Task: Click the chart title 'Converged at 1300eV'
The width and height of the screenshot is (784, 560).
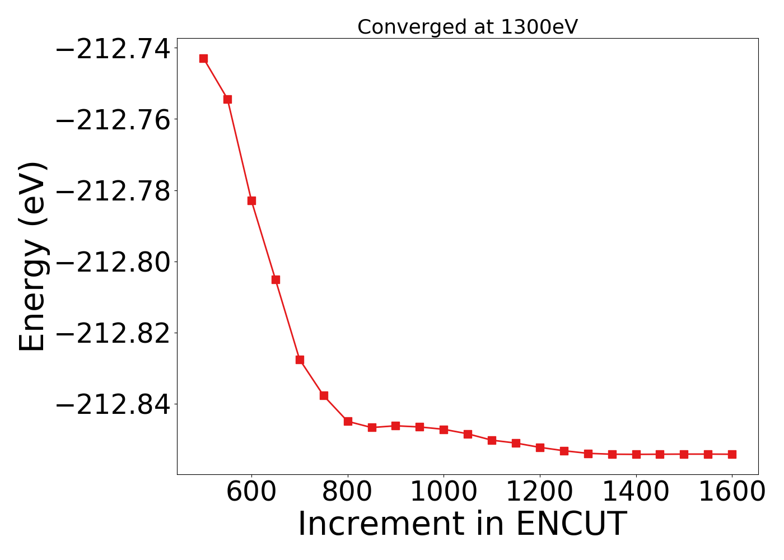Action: pos(467,27)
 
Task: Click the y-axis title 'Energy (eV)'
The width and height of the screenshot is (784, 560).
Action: pos(32,256)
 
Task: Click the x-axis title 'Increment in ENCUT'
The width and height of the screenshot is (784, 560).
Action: pos(462,524)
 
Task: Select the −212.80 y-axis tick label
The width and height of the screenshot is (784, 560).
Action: pos(113,262)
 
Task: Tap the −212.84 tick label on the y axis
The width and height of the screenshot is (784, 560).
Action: pos(113,404)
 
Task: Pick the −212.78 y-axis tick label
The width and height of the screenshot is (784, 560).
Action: pos(113,191)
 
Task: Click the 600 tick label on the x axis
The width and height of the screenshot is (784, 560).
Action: pos(251,492)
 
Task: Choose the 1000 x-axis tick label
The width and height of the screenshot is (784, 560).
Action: pos(444,492)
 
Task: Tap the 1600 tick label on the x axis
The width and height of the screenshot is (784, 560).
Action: pos(732,492)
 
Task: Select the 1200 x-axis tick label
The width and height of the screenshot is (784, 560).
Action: pos(540,492)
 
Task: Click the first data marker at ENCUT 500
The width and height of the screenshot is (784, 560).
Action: pos(203,58)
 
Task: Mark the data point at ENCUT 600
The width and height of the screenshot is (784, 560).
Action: pos(251,200)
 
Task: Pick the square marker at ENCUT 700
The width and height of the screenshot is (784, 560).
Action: pos(300,360)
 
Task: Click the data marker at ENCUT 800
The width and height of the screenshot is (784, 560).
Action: pos(348,421)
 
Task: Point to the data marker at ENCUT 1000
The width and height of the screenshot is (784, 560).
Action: pos(444,430)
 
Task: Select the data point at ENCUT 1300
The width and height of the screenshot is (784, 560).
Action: pos(588,454)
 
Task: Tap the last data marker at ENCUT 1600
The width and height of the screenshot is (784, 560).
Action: pos(732,454)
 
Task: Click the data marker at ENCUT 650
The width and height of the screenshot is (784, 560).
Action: pos(276,279)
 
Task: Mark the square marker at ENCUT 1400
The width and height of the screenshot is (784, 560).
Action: pos(636,454)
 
